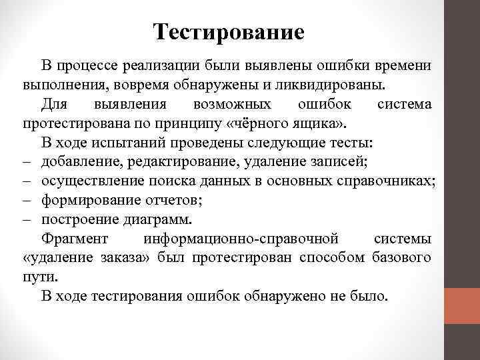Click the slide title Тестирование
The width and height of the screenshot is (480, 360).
point(228,31)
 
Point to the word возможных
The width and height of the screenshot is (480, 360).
point(231,105)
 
